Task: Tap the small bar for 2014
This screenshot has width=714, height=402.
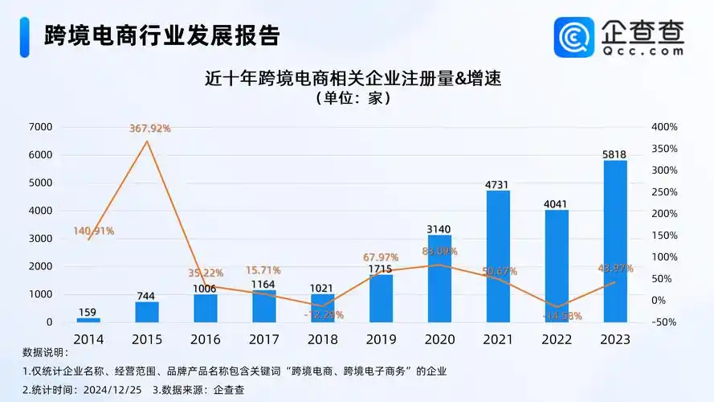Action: point(89,320)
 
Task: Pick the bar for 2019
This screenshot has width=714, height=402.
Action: point(381,298)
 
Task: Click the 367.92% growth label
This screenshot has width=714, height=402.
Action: point(150,128)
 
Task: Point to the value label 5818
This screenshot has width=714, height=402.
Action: point(615,153)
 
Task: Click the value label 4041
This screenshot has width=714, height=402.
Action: point(557,203)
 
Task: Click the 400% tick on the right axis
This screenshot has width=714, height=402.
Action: point(665,127)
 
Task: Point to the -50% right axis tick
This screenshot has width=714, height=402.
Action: point(665,322)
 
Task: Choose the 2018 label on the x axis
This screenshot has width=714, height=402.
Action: point(323,339)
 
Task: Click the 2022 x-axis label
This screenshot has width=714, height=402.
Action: point(557,339)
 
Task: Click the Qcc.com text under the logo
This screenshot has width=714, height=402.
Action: point(643,50)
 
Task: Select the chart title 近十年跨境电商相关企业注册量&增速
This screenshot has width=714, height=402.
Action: point(358,79)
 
